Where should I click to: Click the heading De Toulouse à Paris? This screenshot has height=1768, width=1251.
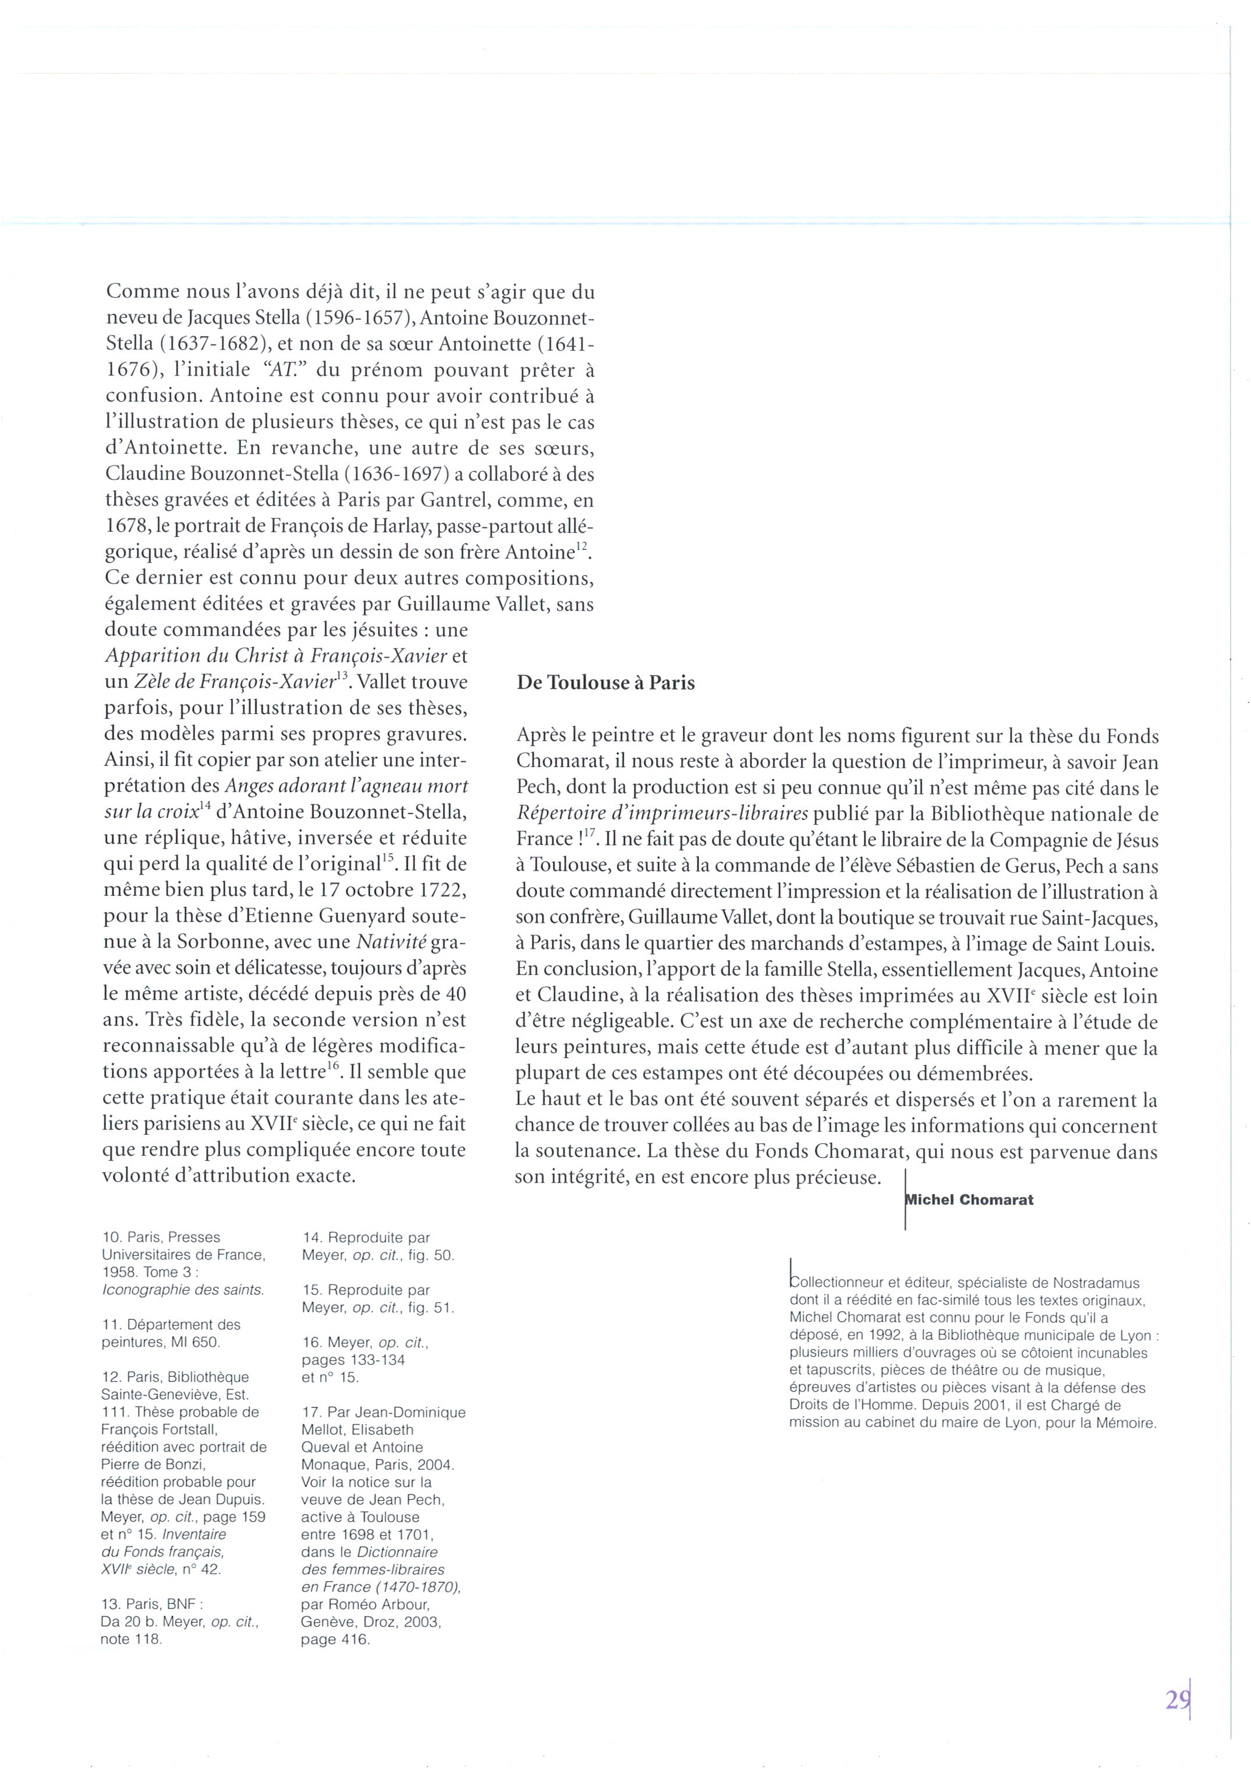605,683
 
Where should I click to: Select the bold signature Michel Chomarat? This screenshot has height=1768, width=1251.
969,1200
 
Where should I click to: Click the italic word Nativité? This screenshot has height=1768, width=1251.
391,943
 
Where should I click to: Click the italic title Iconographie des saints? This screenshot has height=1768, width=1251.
183,1289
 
